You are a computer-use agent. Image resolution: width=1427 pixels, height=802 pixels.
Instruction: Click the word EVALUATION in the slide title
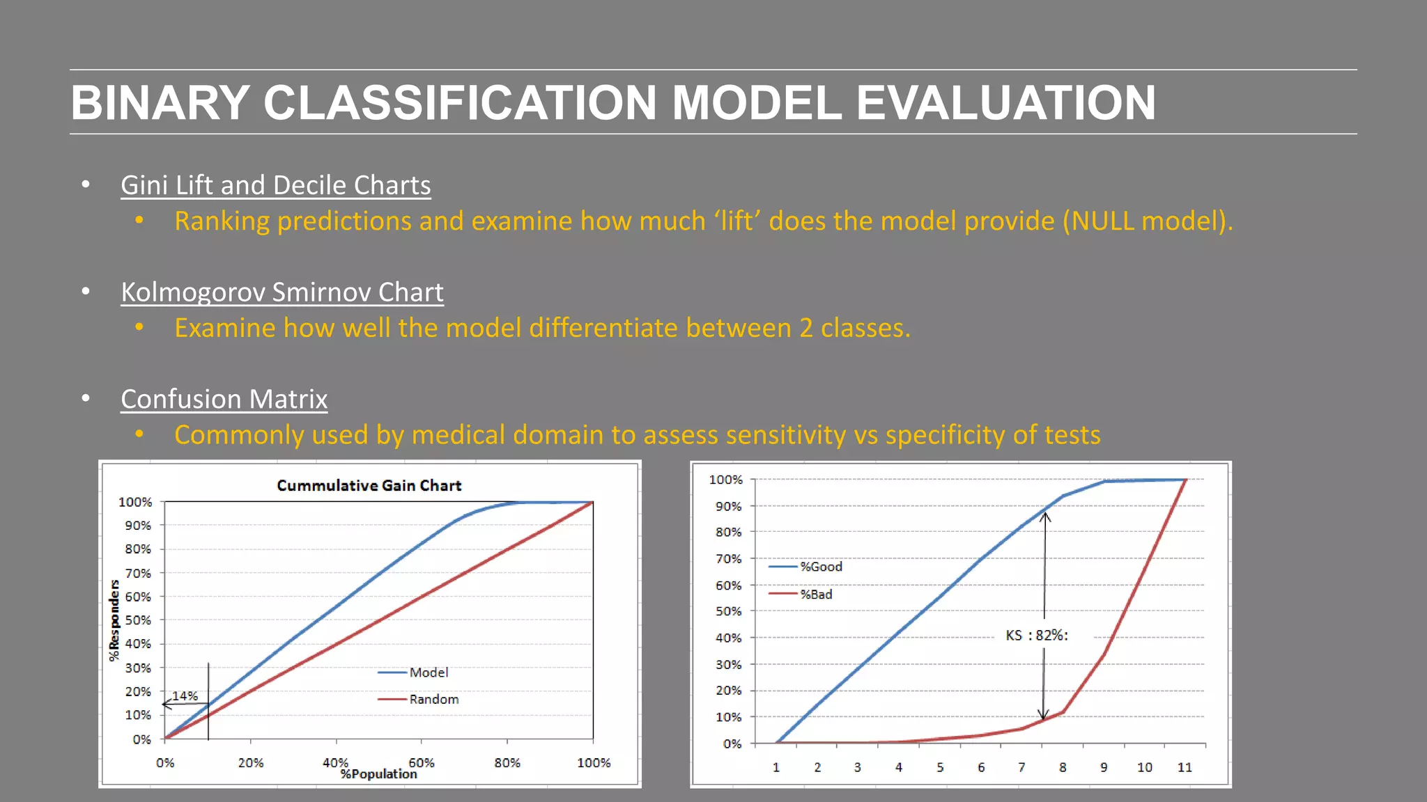pos(1005,103)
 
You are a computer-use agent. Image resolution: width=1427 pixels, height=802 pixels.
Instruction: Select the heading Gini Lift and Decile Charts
pos(275,185)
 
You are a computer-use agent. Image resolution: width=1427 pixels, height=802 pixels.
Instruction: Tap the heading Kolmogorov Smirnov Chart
pos(281,292)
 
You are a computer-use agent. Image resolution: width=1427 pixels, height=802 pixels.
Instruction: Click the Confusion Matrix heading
pos(224,399)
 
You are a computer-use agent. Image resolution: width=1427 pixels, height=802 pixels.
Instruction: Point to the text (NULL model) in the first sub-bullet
pos(1147,221)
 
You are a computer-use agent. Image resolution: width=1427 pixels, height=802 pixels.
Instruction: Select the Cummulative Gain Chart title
pos(369,485)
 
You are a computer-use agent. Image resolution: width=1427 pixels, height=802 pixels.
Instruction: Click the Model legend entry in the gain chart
pos(429,673)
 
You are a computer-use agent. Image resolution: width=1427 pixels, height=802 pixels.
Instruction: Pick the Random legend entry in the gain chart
pos(433,699)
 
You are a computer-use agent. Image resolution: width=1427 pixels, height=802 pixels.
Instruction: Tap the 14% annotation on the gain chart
pos(185,695)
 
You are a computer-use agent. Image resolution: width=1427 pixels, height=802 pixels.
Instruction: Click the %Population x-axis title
pos(378,774)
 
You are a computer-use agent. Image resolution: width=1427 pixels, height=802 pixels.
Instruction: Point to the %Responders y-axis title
pos(114,620)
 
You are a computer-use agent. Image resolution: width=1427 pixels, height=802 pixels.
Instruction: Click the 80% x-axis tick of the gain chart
pos(507,763)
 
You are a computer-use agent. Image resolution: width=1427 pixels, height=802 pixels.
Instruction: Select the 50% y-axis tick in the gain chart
pos(137,620)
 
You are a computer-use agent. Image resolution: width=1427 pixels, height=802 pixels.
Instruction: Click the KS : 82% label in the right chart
pos(1036,635)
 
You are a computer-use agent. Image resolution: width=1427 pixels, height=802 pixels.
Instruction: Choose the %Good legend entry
pos(821,567)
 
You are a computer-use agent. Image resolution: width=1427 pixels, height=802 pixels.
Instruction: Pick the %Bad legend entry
pos(816,594)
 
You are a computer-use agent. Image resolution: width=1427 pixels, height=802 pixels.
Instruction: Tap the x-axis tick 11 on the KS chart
pos(1185,767)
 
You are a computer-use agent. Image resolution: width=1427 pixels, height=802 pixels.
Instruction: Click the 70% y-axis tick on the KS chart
pos(728,558)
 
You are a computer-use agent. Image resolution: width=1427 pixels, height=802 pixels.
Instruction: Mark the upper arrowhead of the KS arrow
pos(1045,516)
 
